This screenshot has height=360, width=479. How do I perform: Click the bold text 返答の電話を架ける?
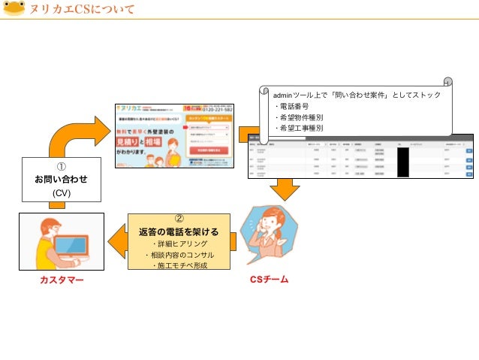(179, 231)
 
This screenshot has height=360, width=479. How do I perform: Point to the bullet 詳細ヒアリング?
(179, 244)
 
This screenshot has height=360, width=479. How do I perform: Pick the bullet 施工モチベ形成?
(179, 265)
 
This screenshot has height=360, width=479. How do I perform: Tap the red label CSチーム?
(269, 280)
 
